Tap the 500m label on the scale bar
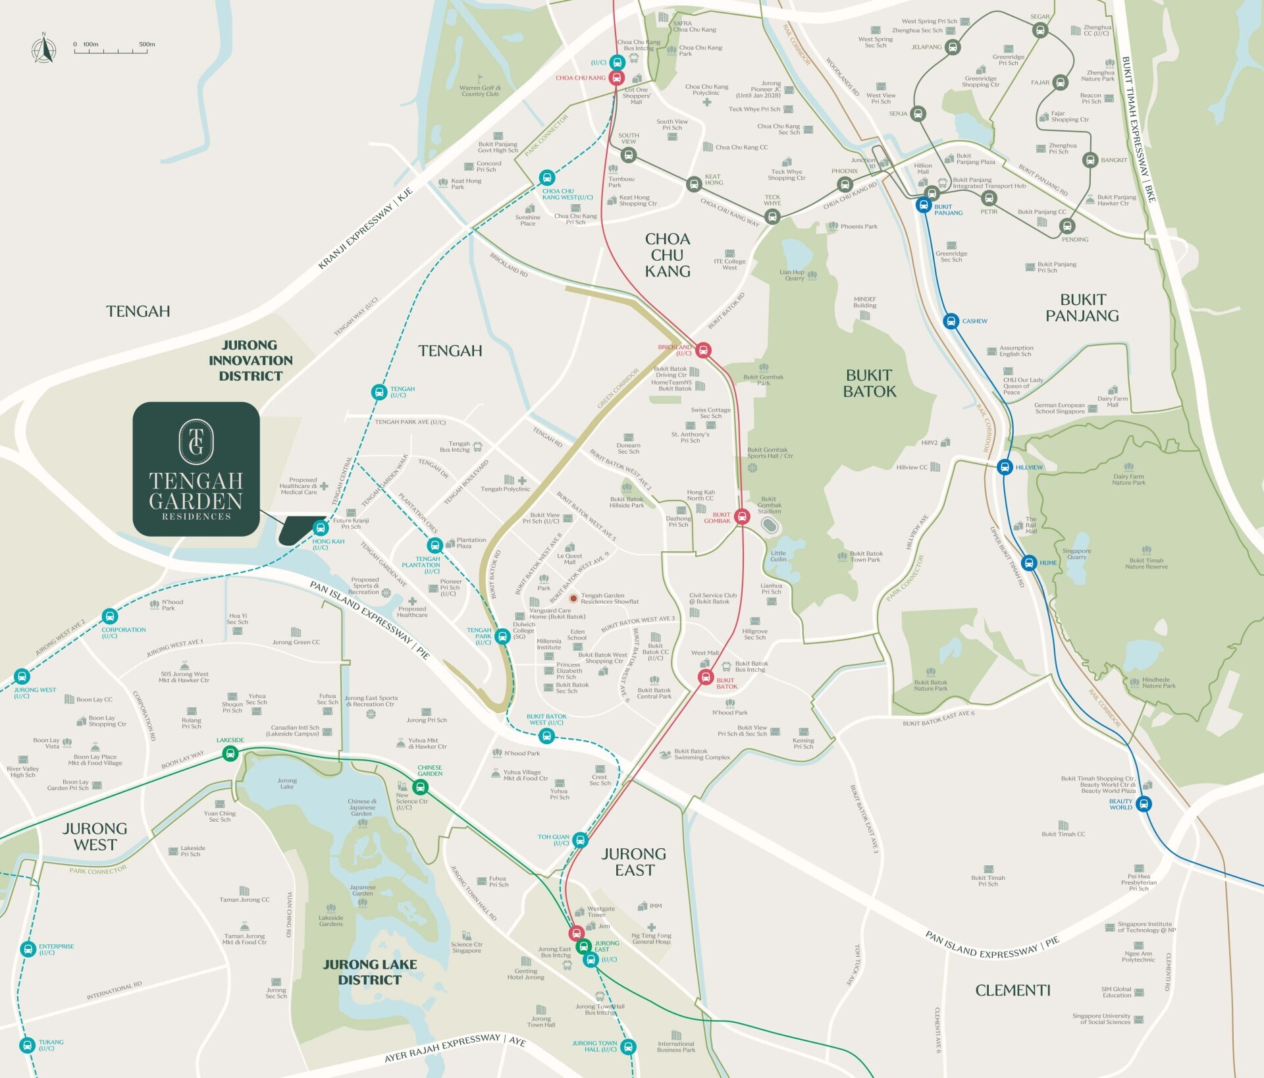click(x=147, y=44)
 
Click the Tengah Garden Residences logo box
click(x=196, y=468)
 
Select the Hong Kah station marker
click(x=321, y=527)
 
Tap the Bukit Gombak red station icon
click(x=742, y=516)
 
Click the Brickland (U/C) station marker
click(x=703, y=349)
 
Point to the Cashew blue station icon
click(x=950, y=321)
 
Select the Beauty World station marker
click(x=1144, y=803)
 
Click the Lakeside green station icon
click(x=230, y=753)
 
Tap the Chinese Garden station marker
click(x=420, y=787)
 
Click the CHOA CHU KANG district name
click(x=668, y=255)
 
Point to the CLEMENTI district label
click(x=1013, y=990)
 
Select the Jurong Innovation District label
click(x=250, y=360)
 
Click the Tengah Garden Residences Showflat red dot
click(x=573, y=598)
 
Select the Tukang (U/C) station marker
click(x=27, y=1045)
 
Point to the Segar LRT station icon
click(x=1040, y=30)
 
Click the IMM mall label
click(x=655, y=905)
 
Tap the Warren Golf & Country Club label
click(x=480, y=91)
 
